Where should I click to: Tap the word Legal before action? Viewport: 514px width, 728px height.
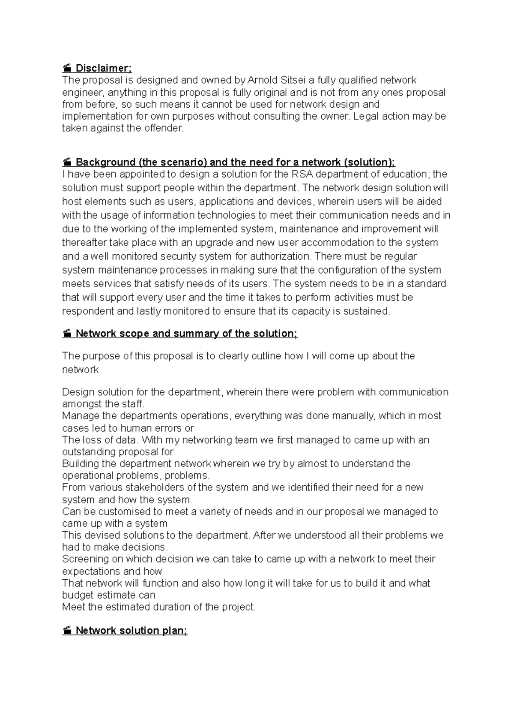click(x=365, y=116)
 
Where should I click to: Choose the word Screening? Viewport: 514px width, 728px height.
click(x=85, y=559)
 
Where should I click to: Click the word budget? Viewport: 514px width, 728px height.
click(x=78, y=595)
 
